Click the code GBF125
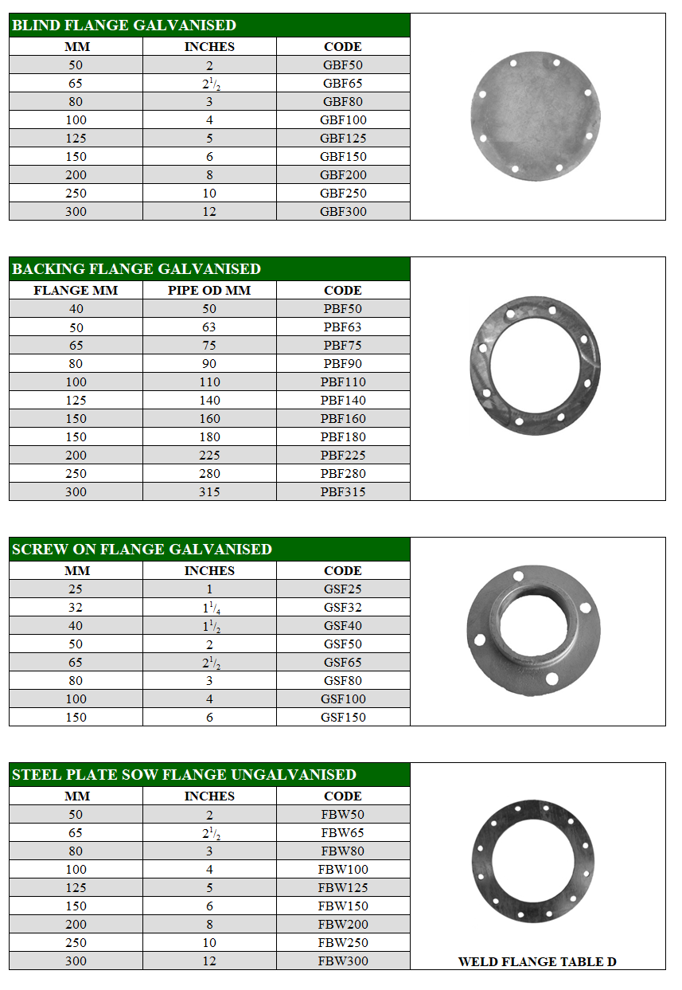(343, 139)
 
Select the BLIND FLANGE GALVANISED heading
(123, 25)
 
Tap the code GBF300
(343, 212)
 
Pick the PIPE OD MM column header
(209, 291)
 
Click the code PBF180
(343, 437)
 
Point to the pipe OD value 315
(209, 492)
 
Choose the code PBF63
(343, 327)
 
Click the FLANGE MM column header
(76, 291)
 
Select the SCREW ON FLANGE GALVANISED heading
(142, 550)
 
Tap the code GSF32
(343, 608)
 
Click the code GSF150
(343, 718)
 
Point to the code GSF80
(343, 681)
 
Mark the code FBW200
(343, 925)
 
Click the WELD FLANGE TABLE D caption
(537, 962)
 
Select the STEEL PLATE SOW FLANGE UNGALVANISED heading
(184, 775)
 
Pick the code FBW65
(343, 833)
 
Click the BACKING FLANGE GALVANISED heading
(136, 269)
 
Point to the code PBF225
(343, 456)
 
